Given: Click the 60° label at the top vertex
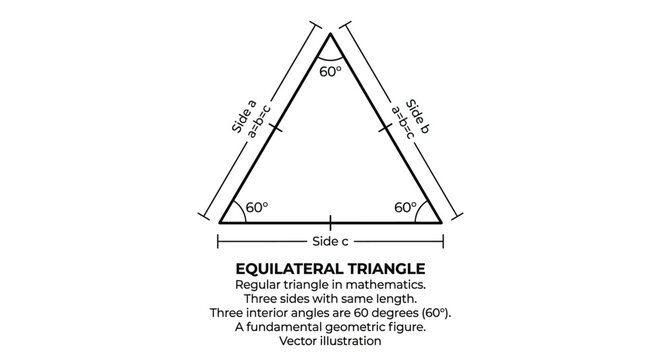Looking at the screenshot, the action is (x=330, y=72).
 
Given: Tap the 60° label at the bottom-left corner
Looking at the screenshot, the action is (x=257, y=208).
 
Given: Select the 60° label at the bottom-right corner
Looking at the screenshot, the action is (x=404, y=208).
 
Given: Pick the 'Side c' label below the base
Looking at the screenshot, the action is (x=330, y=242).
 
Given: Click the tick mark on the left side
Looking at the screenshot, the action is (x=275, y=128).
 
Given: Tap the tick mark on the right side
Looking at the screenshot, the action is (x=386, y=128).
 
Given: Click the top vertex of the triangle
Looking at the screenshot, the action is (x=330, y=35).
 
